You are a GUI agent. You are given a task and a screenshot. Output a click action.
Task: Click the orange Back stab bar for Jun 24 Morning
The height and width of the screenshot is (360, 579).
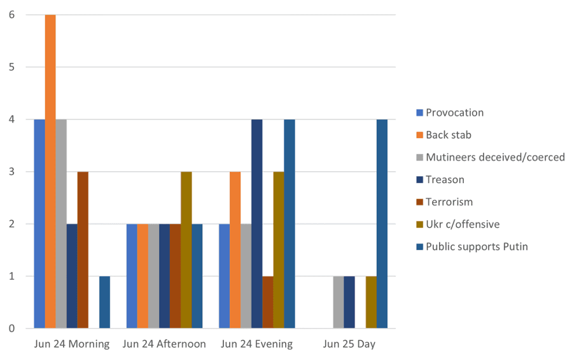click(50, 172)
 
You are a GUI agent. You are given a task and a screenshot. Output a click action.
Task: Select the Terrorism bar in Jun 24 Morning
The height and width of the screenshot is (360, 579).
click(83, 250)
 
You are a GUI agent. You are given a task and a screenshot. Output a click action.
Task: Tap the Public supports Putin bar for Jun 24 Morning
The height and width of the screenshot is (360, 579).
click(104, 302)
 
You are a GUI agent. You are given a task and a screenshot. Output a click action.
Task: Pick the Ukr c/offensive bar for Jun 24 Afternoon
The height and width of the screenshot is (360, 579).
click(186, 250)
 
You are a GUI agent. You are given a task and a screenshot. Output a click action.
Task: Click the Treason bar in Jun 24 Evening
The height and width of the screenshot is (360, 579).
click(256, 224)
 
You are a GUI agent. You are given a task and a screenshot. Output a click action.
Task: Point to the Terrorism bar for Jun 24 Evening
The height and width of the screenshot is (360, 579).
click(267, 302)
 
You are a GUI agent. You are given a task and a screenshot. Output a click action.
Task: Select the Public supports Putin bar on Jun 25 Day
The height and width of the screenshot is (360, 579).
click(382, 224)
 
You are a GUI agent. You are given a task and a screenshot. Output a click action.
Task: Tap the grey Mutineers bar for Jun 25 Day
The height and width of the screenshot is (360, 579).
click(338, 302)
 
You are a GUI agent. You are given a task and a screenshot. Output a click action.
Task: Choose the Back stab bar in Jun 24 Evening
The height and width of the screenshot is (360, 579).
click(235, 250)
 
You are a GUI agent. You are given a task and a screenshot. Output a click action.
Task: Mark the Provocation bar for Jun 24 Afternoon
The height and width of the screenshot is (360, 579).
click(132, 276)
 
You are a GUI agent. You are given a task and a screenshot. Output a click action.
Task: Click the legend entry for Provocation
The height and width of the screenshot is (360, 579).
click(454, 113)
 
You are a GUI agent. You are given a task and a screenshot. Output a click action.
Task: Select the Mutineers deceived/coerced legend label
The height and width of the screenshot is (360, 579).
click(495, 157)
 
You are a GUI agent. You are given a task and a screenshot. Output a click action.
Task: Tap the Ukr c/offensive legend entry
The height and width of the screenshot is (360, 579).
click(463, 224)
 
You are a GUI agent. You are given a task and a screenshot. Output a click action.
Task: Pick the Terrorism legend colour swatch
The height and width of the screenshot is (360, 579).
click(419, 202)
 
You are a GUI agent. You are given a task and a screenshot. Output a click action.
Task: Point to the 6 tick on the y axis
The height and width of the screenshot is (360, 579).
click(11, 15)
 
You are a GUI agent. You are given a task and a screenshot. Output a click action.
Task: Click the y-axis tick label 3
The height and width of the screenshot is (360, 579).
click(11, 172)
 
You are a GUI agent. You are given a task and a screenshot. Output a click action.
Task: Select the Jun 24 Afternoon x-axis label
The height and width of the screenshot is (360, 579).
click(164, 344)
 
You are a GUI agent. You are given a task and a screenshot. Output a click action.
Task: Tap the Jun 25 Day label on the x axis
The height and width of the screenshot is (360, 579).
click(349, 344)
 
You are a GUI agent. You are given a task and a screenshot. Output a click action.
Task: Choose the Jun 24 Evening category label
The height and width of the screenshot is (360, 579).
click(256, 344)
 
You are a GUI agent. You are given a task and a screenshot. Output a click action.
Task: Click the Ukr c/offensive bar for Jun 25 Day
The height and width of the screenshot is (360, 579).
click(371, 302)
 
